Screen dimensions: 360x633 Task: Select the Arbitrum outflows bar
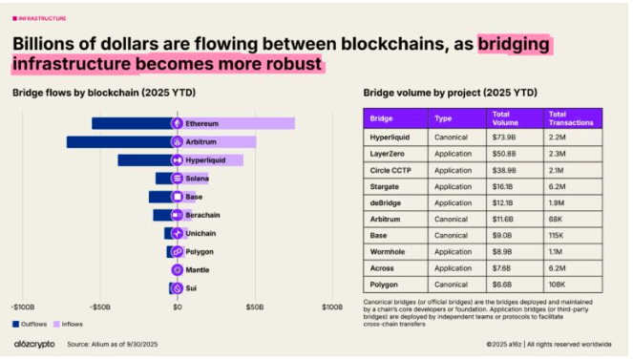[x=119, y=141]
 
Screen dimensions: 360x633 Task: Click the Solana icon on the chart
[x=177, y=179]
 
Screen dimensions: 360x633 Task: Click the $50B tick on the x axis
[x=254, y=307]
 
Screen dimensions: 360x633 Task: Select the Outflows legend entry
[x=32, y=323]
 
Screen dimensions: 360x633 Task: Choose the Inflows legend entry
[x=75, y=323]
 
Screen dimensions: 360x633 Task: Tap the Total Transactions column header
[x=571, y=117]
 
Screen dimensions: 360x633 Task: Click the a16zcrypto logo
[x=33, y=344]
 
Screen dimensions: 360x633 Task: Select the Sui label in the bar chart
[x=191, y=287]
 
